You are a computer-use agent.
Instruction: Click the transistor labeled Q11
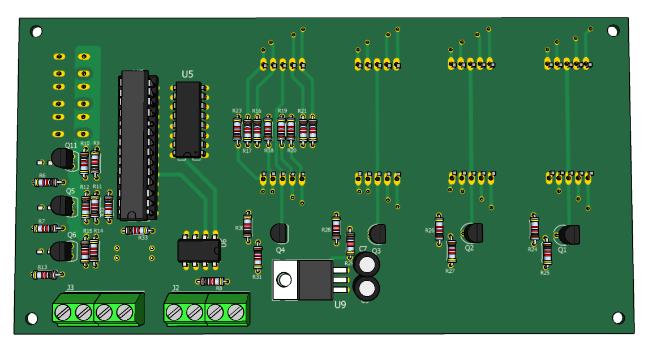point(62,158)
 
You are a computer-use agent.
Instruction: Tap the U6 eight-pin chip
point(199,250)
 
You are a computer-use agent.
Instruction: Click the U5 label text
point(187,74)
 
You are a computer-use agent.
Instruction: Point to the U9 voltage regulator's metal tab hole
point(285,280)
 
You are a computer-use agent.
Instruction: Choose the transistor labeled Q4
point(279,232)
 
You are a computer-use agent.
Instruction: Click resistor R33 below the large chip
point(138,230)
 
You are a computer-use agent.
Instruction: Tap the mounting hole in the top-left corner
point(36,32)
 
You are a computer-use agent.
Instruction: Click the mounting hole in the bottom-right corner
point(618,318)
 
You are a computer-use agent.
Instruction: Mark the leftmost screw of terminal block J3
point(63,311)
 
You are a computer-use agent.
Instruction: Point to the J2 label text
point(175,288)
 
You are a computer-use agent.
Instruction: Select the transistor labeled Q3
point(377,233)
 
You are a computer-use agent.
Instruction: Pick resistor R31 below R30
point(258,256)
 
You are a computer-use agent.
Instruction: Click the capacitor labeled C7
point(367,264)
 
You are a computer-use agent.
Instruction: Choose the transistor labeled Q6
point(62,251)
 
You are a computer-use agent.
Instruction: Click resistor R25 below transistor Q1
point(547,252)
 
